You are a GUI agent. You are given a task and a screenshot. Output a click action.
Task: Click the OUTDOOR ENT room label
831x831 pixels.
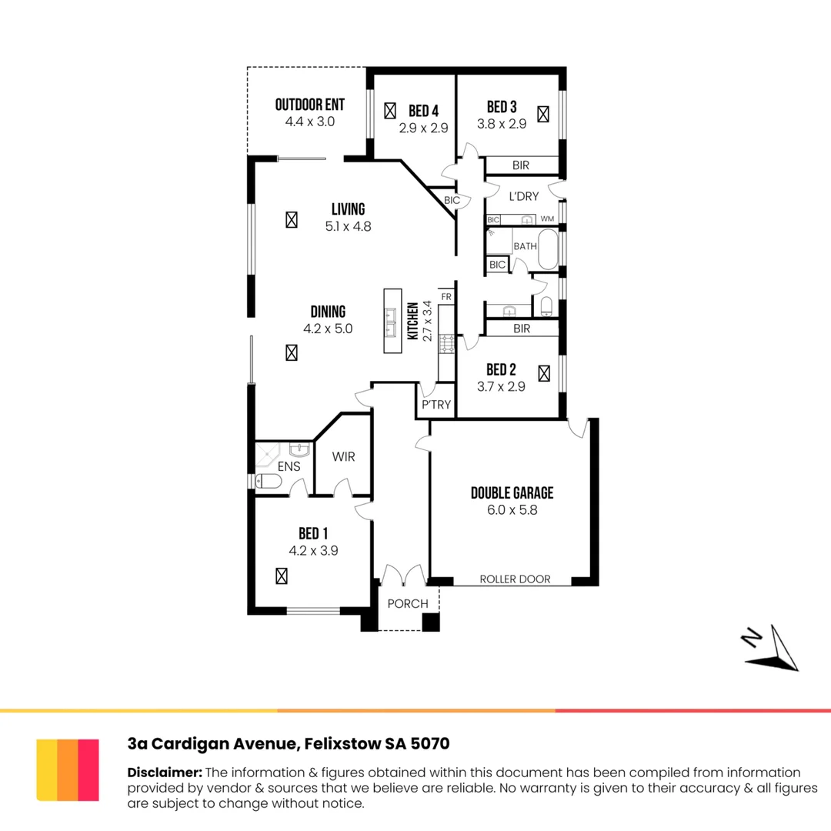click(x=310, y=105)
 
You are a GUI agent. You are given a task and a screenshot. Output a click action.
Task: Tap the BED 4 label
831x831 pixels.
click(x=423, y=111)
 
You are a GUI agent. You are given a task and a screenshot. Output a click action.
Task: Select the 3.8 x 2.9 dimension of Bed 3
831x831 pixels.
click(x=502, y=124)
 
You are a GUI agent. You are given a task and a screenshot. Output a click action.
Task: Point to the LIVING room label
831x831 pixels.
click(x=349, y=209)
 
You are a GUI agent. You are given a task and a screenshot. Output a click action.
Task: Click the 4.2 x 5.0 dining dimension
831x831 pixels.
click(x=328, y=329)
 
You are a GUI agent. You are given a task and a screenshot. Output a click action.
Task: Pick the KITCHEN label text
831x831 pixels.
click(x=413, y=321)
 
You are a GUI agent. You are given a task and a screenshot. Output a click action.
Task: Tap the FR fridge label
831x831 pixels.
click(x=446, y=297)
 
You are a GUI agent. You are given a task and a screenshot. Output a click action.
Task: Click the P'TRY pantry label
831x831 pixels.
click(x=436, y=405)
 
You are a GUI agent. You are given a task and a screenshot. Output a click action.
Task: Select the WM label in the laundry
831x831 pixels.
click(x=548, y=219)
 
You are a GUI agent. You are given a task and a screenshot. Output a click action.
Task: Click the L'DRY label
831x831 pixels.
click(x=524, y=197)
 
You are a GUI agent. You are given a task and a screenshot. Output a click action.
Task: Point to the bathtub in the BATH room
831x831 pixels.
click(x=548, y=249)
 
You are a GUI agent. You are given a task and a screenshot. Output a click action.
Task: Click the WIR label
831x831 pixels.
click(x=343, y=456)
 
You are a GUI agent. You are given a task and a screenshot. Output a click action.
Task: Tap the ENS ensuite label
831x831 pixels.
click(x=289, y=466)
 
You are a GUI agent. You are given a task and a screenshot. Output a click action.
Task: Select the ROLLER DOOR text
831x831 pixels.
click(x=515, y=579)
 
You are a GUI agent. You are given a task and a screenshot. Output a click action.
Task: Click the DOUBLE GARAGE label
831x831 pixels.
click(x=512, y=493)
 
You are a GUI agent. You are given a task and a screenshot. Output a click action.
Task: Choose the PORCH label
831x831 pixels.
click(x=408, y=604)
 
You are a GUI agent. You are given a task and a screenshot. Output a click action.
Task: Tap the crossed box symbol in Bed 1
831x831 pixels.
click(x=282, y=576)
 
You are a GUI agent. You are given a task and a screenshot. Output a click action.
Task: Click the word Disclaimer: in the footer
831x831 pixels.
click(x=165, y=773)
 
